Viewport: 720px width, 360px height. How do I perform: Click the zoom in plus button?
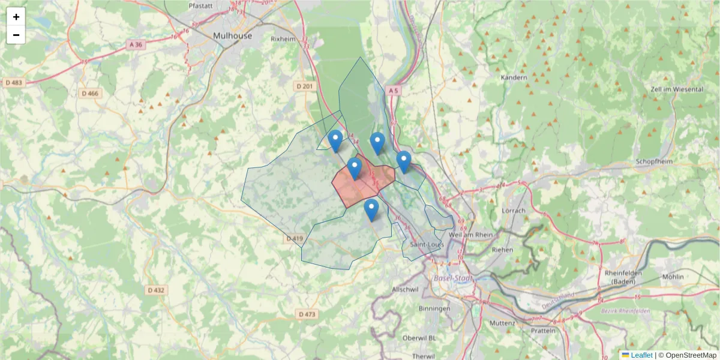click(16, 17)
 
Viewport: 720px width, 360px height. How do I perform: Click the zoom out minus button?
click(16, 35)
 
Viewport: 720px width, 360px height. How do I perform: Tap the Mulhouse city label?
click(232, 36)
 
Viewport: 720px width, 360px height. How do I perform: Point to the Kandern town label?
click(514, 77)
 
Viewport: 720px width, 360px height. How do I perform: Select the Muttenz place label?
click(502, 323)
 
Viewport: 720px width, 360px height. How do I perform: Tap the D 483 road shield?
click(14, 82)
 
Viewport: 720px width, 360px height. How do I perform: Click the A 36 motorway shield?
click(136, 45)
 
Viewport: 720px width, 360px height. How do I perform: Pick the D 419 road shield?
click(294, 239)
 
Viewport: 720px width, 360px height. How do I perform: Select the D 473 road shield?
click(306, 314)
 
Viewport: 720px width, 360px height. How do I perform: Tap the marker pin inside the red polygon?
click(355, 168)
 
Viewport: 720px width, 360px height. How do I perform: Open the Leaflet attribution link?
click(641, 355)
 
